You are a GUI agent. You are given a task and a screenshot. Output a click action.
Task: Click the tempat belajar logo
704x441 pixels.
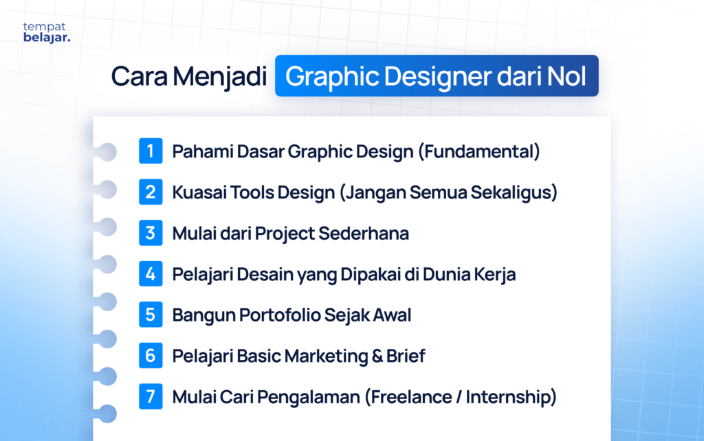[x=47, y=32]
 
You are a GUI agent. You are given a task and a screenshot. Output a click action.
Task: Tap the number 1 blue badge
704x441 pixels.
[x=151, y=151]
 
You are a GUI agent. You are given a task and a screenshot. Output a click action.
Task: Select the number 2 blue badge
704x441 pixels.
[x=151, y=192]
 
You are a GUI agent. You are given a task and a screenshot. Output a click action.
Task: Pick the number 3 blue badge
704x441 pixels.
[x=151, y=233]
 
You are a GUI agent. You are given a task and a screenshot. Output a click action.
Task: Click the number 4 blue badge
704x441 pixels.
[x=151, y=274]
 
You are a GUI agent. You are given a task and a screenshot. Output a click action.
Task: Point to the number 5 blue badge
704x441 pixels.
[x=151, y=315]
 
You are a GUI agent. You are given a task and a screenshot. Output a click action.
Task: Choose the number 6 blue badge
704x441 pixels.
[x=151, y=356]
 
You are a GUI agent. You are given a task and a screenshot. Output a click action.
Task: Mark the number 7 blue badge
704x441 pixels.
[x=151, y=397]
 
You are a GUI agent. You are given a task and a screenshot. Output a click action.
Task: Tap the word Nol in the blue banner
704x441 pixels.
[x=567, y=76]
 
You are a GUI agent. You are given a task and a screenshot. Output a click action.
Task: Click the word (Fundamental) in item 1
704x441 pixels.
[x=478, y=152]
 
